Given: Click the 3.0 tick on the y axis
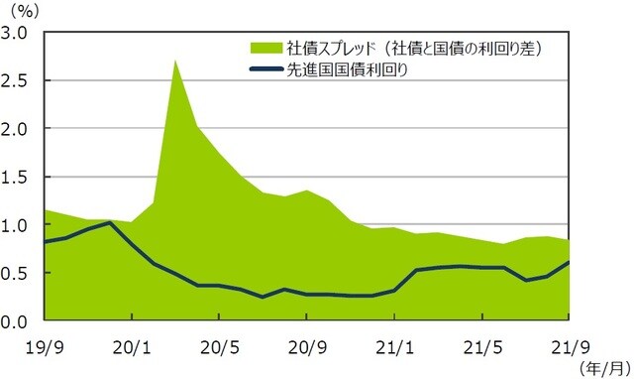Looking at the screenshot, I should coord(17,33).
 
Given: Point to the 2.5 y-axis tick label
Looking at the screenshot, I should coord(17,80).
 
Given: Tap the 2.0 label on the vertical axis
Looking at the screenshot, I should coord(17,129).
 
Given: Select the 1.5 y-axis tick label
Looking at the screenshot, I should coord(17,177).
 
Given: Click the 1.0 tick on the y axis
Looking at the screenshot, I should coord(17,225).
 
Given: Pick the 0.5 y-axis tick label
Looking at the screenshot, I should coord(17,273).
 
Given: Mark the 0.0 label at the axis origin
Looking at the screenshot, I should coord(17,321).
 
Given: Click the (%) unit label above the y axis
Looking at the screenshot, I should coord(21,11).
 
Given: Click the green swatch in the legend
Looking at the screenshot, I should coord(265,48).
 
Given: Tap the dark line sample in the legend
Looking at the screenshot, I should coord(265,68).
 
